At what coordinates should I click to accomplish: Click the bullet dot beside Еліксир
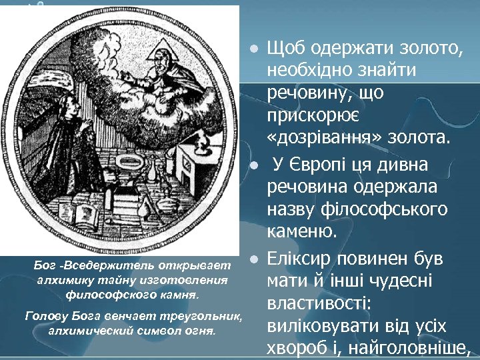(x=253, y=258)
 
